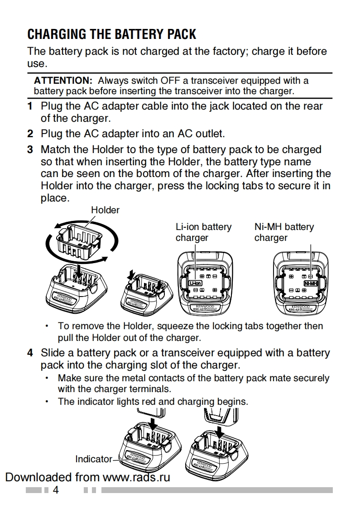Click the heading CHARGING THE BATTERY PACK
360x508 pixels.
[112, 34]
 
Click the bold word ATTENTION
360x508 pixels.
[63, 81]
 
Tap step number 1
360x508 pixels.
[30, 106]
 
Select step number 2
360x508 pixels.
[30, 134]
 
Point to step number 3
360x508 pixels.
[30, 149]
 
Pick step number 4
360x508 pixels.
[30, 353]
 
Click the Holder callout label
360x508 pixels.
[105, 210]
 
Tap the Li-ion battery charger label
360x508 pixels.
[203, 232]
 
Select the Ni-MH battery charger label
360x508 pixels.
[284, 232]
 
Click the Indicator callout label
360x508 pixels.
[93, 459]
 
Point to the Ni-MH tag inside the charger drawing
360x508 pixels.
[311, 283]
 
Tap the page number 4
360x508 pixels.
[56, 490]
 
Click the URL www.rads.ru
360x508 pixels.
[136, 477]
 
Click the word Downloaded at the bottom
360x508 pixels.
[38, 477]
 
